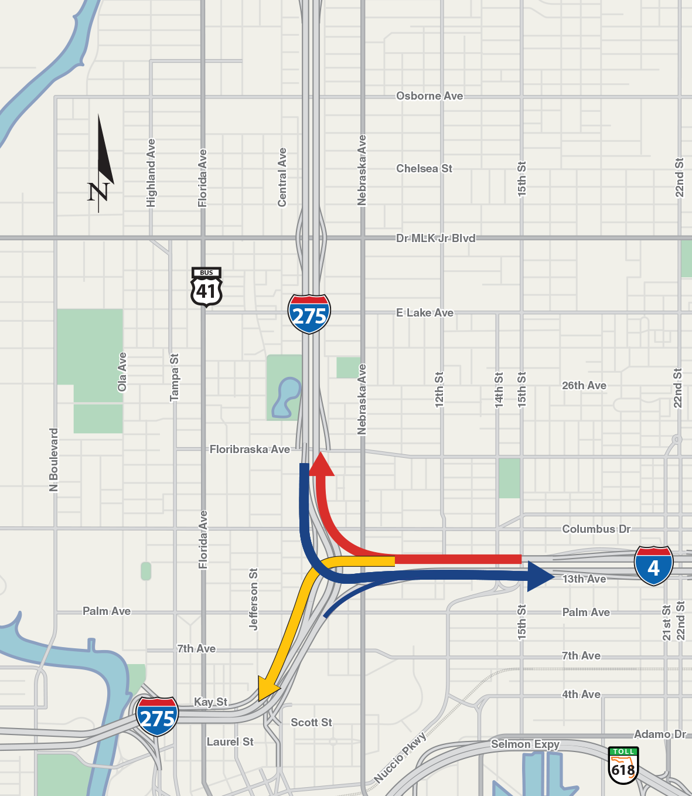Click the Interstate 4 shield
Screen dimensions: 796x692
pos(653,566)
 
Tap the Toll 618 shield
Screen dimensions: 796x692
pos(623,765)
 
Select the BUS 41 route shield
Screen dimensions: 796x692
pos(206,287)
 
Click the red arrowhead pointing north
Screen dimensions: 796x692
pos(321,464)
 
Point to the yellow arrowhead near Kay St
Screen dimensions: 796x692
pos(267,688)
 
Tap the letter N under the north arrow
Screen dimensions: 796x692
pos(98,192)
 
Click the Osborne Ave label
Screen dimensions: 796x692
pos(429,96)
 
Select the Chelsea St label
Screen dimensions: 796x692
pos(424,168)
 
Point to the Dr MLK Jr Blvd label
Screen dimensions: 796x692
pos(435,238)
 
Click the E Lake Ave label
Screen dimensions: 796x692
pos(425,312)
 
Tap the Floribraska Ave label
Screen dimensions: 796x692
pos(250,449)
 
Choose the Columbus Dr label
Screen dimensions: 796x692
pos(596,529)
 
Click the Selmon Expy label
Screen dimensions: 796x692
pos(525,744)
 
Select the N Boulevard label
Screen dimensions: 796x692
pos(54,460)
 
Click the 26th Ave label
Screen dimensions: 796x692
pos(584,385)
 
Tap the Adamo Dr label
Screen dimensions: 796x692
pos(660,734)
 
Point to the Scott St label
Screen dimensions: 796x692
pos(311,722)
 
